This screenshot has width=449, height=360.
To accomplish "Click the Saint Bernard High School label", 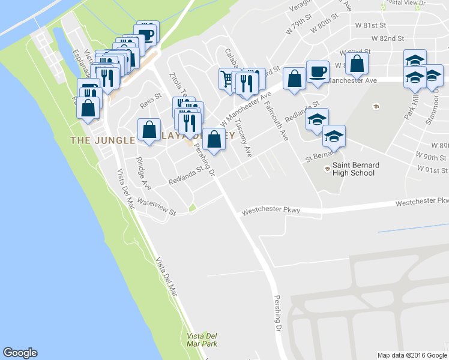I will [x=354, y=169].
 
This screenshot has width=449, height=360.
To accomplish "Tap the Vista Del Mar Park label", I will [x=202, y=340].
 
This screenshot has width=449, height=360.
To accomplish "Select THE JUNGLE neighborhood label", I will [x=102, y=140].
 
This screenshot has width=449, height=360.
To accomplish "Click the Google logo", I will [x=20, y=353].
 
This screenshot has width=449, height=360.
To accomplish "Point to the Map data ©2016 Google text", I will [x=412, y=355].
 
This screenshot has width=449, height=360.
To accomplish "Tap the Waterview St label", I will [x=155, y=206].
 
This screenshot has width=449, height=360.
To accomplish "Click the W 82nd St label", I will [x=387, y=38].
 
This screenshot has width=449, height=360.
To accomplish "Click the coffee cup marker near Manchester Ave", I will [x=318, y=73].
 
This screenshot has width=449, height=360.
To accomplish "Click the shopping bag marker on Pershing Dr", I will [x=214, y=139].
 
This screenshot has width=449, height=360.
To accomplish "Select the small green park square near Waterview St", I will [x=192, y=208].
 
